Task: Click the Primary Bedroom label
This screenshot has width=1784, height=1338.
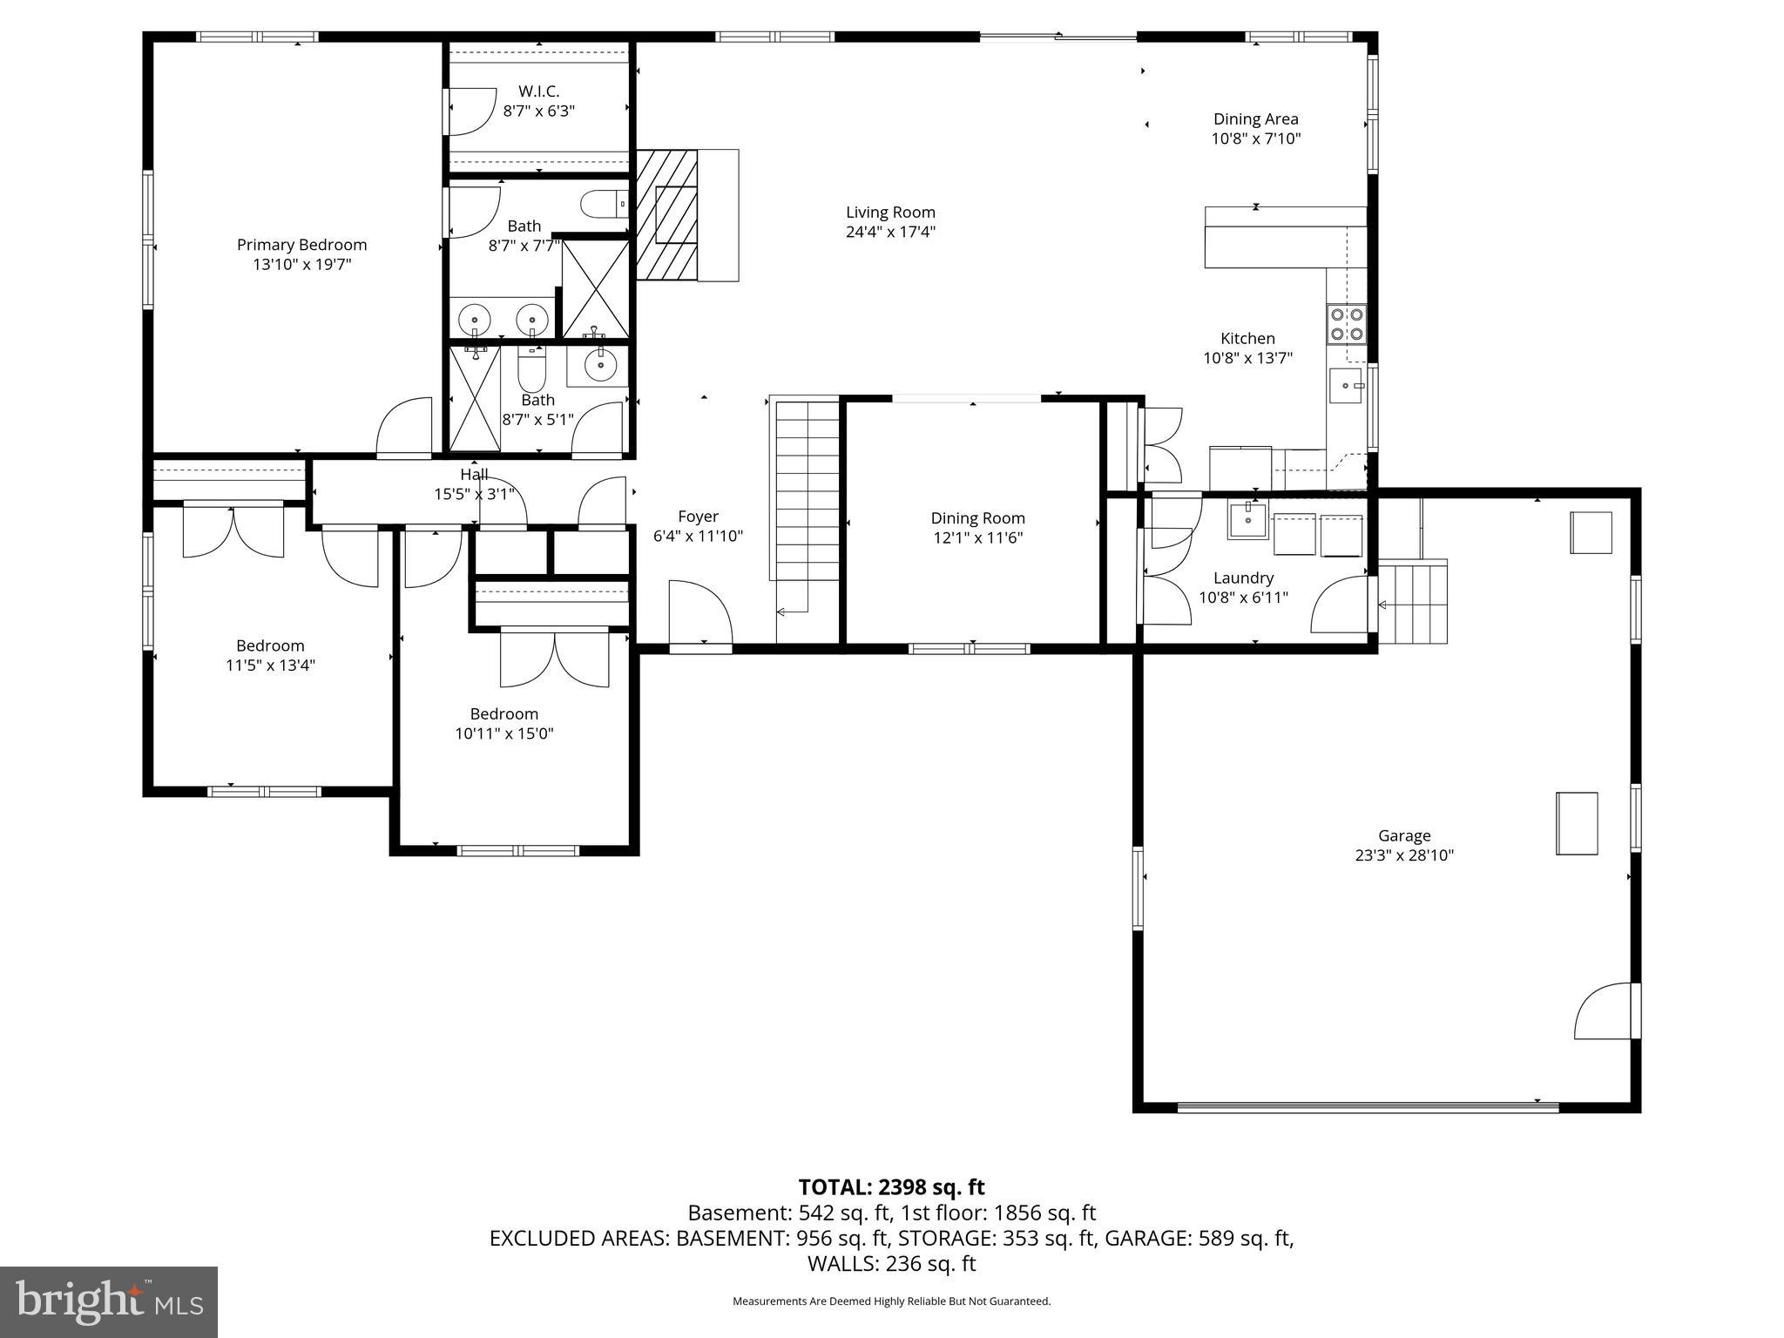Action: tap(301, 246)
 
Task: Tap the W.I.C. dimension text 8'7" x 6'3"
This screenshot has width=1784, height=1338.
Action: tap(538, 111)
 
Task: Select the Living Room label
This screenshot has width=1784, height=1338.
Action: tap(890, 213)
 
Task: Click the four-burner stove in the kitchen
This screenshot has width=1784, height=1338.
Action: tap(1347, 324)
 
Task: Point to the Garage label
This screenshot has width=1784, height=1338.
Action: tap(1403, 836)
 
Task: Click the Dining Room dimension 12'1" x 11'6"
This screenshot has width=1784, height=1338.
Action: tap(977, 537)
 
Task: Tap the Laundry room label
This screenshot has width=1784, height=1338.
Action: tap(1243, 578)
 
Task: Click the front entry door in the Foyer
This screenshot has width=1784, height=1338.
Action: tap(699, 615)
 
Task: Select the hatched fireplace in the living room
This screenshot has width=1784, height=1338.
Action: tap(667, 214)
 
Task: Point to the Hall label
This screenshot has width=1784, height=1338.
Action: tap(474, 475)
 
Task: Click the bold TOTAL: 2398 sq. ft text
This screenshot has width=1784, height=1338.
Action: tap(891, 1187)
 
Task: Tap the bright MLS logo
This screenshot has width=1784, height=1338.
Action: tap(109, 1302)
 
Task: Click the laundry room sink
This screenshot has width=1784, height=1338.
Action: tap(1247, 520)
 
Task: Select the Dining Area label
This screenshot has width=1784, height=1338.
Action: tap(1255, 119)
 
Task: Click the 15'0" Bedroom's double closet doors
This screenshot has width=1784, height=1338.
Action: tap(555, 659)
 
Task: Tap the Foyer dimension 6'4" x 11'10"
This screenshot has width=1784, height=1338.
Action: tap(698, 537)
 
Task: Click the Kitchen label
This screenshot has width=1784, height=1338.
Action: tap(1247, 339)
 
